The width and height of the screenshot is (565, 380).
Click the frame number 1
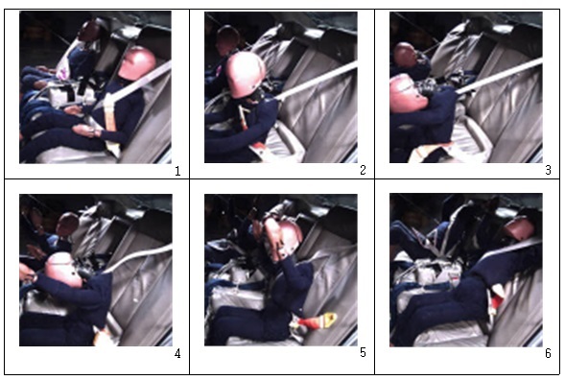point(177,171)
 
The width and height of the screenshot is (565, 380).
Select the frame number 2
point(363,170)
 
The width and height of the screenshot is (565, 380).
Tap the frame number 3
point(548,170)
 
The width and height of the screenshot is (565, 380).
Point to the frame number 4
point(177,354)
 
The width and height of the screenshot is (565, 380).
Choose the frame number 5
point(363,352)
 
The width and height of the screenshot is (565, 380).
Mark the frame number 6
point(548,353)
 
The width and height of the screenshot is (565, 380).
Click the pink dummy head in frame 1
point(136,63)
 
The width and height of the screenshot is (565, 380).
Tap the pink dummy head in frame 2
point(246,75)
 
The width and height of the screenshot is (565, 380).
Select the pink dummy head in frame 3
point(407,94)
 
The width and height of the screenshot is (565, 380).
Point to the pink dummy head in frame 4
point(64,270)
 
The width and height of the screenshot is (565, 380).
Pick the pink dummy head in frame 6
point(520,229)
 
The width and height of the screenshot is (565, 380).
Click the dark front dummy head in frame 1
point(88,31)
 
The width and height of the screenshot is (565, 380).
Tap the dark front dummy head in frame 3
point(406,55)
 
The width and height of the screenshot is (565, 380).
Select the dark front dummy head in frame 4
point(67,224)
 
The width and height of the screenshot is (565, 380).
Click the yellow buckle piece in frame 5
point(329,320)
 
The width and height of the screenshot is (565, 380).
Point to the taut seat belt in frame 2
point(318,81)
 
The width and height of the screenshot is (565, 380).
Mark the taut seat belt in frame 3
point(499,76)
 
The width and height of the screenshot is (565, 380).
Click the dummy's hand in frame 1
point(85,131)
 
